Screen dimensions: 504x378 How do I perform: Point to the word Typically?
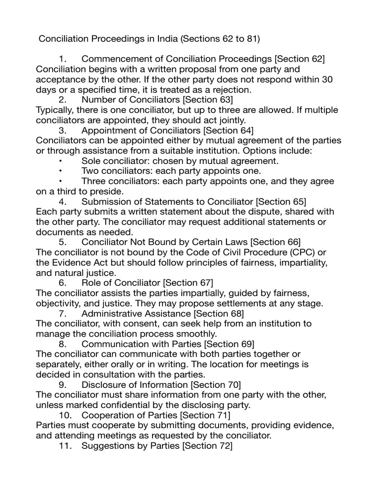pos(55,110)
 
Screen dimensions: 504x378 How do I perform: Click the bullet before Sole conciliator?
pos(61,161)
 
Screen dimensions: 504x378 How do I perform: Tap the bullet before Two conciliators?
pos(61,171)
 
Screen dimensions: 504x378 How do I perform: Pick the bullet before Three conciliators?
pos(61,181)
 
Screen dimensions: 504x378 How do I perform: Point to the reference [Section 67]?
pos(188,283)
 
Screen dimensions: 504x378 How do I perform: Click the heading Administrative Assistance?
pos(136,314)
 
